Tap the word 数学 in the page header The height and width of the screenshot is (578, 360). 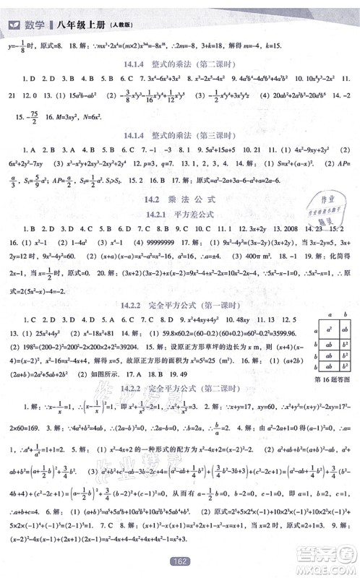35,9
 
